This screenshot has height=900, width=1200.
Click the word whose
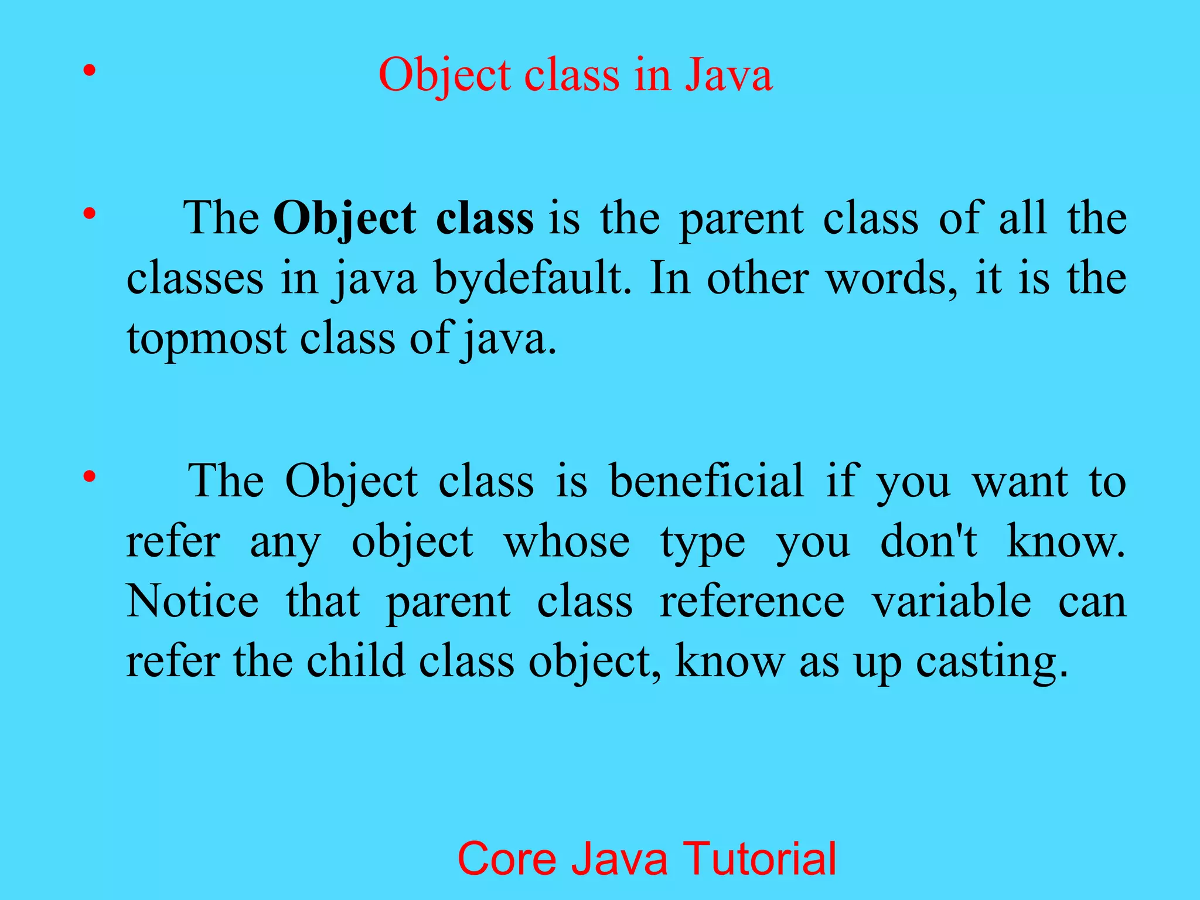(567, 541)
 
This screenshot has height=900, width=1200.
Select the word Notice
(192, 601)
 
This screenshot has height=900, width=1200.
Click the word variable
(951, 601)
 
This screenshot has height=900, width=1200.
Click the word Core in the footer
(506, 858)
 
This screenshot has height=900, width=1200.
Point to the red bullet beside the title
(89, 71)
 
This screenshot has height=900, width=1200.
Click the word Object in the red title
(445, 76)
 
